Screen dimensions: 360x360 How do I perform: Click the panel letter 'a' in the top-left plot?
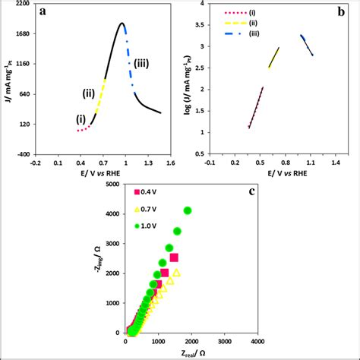pos(46,13)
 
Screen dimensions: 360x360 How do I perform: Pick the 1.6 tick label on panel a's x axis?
pos(170,163)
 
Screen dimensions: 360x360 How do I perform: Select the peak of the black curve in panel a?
pos(122,24)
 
